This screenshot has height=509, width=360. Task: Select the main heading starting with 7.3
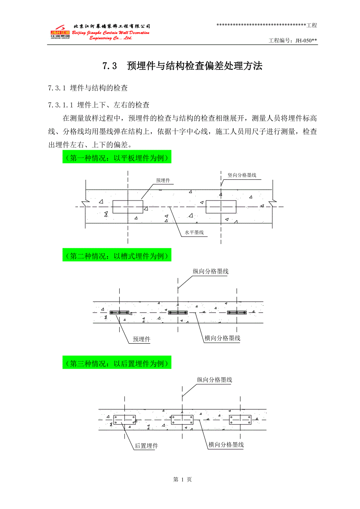(x=182, y=66)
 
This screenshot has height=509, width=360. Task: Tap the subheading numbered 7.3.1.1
(x=99, y=105)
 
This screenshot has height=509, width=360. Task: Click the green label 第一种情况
(x=117, y=158)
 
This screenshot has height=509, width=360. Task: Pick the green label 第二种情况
(x=117, y=256)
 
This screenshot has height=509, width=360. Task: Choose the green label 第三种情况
(x=117, y=364)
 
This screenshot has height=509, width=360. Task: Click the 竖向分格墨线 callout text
(x=242, y=175)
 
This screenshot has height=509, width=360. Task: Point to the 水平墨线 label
(x=194, y=233)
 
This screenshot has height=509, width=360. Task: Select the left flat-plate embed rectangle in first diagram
(x=128, y=207)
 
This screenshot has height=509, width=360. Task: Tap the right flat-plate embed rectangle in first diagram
(x=221, y=207)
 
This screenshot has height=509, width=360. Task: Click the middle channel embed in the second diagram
(x=178, y=312)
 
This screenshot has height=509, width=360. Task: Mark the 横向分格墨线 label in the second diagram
(x=222, y=338)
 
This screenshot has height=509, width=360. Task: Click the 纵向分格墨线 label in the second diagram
(x=211, y=271)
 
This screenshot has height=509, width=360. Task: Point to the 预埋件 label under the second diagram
(x=141, y=339)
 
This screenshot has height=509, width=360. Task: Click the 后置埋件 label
(x=146, y=446)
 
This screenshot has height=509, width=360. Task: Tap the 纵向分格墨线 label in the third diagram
(x=215, y=380)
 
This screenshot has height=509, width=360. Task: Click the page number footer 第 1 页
(x=182, y=479)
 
